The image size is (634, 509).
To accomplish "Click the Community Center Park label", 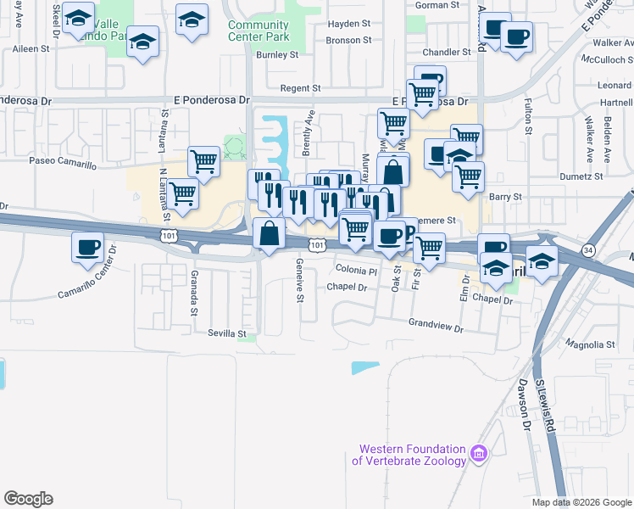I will click(x=259, y=31).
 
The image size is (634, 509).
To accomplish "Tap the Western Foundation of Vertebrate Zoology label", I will click(x=412, y=455).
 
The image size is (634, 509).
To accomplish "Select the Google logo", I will click(x=28, y=499).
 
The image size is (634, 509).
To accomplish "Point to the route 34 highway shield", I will click(x=587, y=249).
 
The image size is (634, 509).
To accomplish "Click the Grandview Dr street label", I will click(x=437, y=324).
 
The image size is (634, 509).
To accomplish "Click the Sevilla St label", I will click(x=226, y=333).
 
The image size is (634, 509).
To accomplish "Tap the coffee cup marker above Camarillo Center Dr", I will click(x=88, y=247).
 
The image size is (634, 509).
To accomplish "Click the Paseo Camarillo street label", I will click(x=63, y=159).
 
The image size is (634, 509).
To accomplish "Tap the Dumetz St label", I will click(x=581, y=176).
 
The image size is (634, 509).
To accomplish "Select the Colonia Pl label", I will click(x=356, y=271).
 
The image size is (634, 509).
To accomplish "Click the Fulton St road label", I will click(x=528, y=119).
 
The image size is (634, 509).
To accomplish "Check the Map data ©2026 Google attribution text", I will click(x=581, y=502).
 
